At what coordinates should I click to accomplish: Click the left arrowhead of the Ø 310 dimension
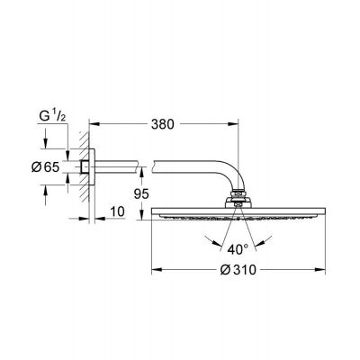tap(153, 267)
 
